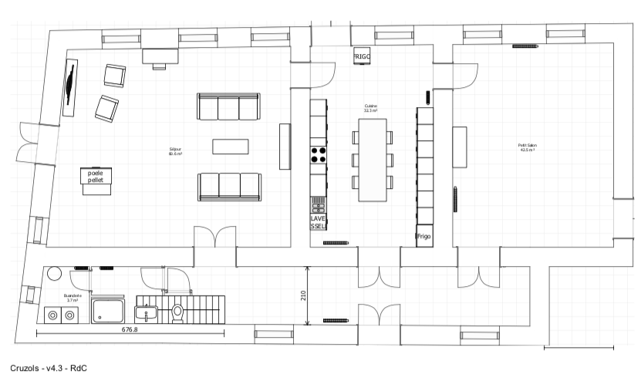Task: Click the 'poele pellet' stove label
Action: coord(96,177)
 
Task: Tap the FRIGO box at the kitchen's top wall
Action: coord(363,56)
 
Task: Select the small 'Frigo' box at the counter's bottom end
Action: coord(424,237)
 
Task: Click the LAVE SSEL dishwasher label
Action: coord(319,222)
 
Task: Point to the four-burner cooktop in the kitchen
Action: coord(319,154)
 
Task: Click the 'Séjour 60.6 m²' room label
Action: coord(175,151)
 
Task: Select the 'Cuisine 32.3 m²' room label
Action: coord(371,109)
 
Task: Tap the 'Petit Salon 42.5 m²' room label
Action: coord(528,147)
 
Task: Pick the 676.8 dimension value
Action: coord(130,330)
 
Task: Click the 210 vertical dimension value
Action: coord(303,295)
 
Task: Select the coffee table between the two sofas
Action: coord(231,147)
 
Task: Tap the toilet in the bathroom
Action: coord(178,312)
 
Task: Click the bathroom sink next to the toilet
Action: coord(146,313)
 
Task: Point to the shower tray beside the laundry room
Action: coord(109,311)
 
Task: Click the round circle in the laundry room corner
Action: coord(55,275)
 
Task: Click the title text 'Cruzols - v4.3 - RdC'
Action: coord(49,368)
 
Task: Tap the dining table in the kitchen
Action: coord(373,160)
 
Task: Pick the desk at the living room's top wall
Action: coord(160,56)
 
